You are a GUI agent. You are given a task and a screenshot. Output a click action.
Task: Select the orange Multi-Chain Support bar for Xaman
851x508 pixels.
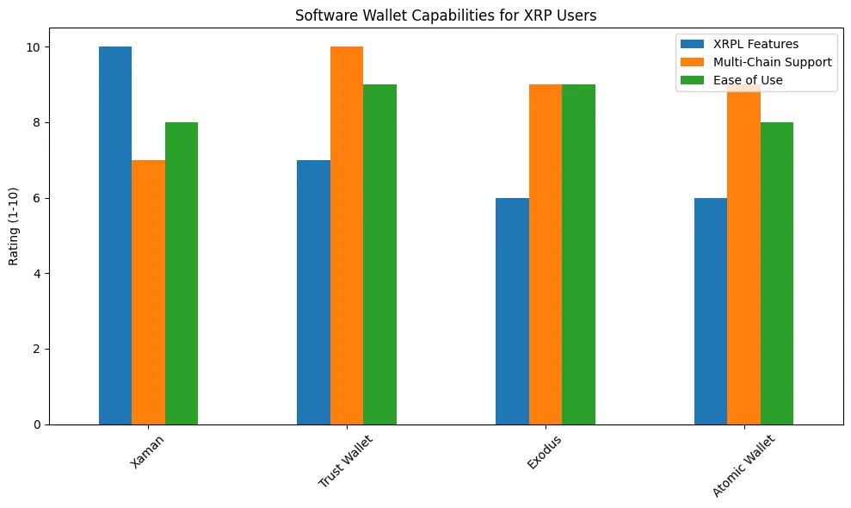click(x=148, y=292)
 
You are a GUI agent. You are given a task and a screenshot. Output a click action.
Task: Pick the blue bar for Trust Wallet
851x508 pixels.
click(x=313, y=292)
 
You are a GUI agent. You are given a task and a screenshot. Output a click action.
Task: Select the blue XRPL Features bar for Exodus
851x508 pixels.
click(x=512, y=311)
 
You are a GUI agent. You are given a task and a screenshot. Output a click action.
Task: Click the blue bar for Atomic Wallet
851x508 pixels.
click(x=711, y=311)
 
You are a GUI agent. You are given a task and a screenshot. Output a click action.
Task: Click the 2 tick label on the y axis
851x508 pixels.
click(x=38, y=349)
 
